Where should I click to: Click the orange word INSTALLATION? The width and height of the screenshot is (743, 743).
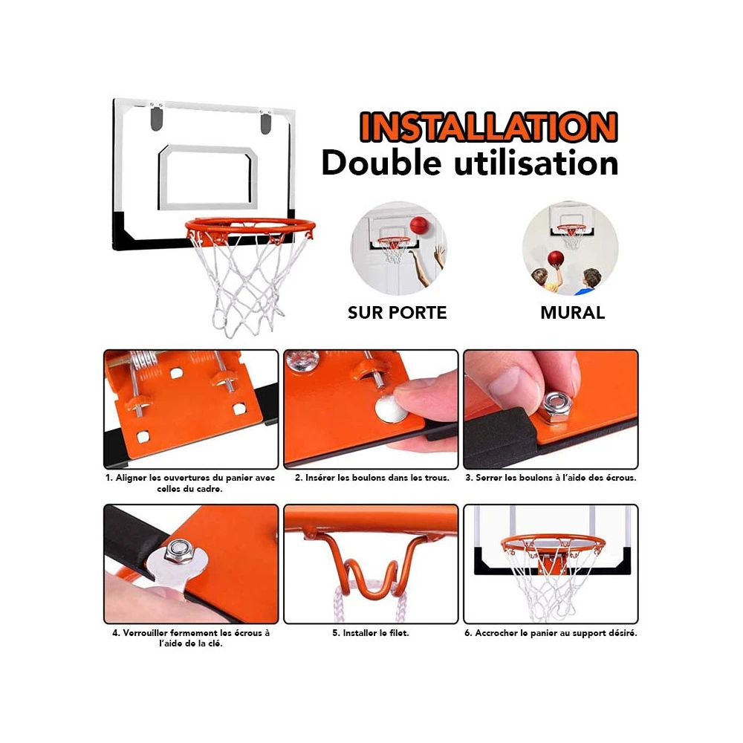(489, 127)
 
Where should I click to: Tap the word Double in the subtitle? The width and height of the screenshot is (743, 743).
(381, 163)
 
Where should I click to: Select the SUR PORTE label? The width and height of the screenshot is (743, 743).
(397, 313)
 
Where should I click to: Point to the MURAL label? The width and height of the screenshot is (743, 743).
(572, 313)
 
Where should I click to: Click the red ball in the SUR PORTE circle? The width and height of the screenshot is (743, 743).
(419, 225)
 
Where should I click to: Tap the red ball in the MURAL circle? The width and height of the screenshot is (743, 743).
(556, 259)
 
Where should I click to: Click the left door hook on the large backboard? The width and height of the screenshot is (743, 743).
(156, 117)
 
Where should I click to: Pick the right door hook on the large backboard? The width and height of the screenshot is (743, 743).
(266, 123)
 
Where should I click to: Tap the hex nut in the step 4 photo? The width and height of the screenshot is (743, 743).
(178, 551)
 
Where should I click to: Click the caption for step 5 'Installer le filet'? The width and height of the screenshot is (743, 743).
(371, 633)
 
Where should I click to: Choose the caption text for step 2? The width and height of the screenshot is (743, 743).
(372, 478)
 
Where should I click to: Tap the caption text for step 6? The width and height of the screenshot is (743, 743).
(551, 633)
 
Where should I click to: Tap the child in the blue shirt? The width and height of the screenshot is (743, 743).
(589, 281)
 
